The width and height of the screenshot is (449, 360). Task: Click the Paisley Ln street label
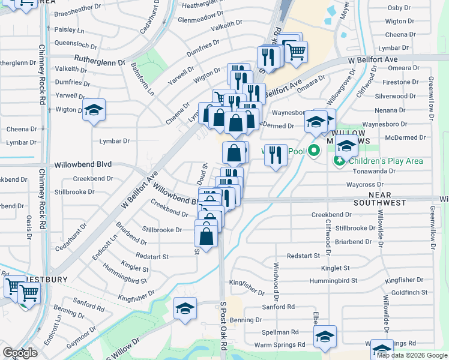tap(69, 29)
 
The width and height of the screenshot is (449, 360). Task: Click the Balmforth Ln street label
tap(142, 79)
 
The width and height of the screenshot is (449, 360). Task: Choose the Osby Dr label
tap(399, 8)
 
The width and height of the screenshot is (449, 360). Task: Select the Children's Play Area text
tap(387, 161)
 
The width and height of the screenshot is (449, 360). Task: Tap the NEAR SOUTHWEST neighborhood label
tap(388, 199)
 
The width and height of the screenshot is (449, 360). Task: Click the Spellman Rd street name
tap(280, 332)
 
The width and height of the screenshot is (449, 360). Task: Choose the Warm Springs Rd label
tap(280, 345)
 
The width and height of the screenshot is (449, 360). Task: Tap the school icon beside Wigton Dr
tap(94, 110)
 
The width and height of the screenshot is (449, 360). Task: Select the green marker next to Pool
tap(313, 151)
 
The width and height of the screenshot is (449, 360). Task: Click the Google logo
tap(20, 353)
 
